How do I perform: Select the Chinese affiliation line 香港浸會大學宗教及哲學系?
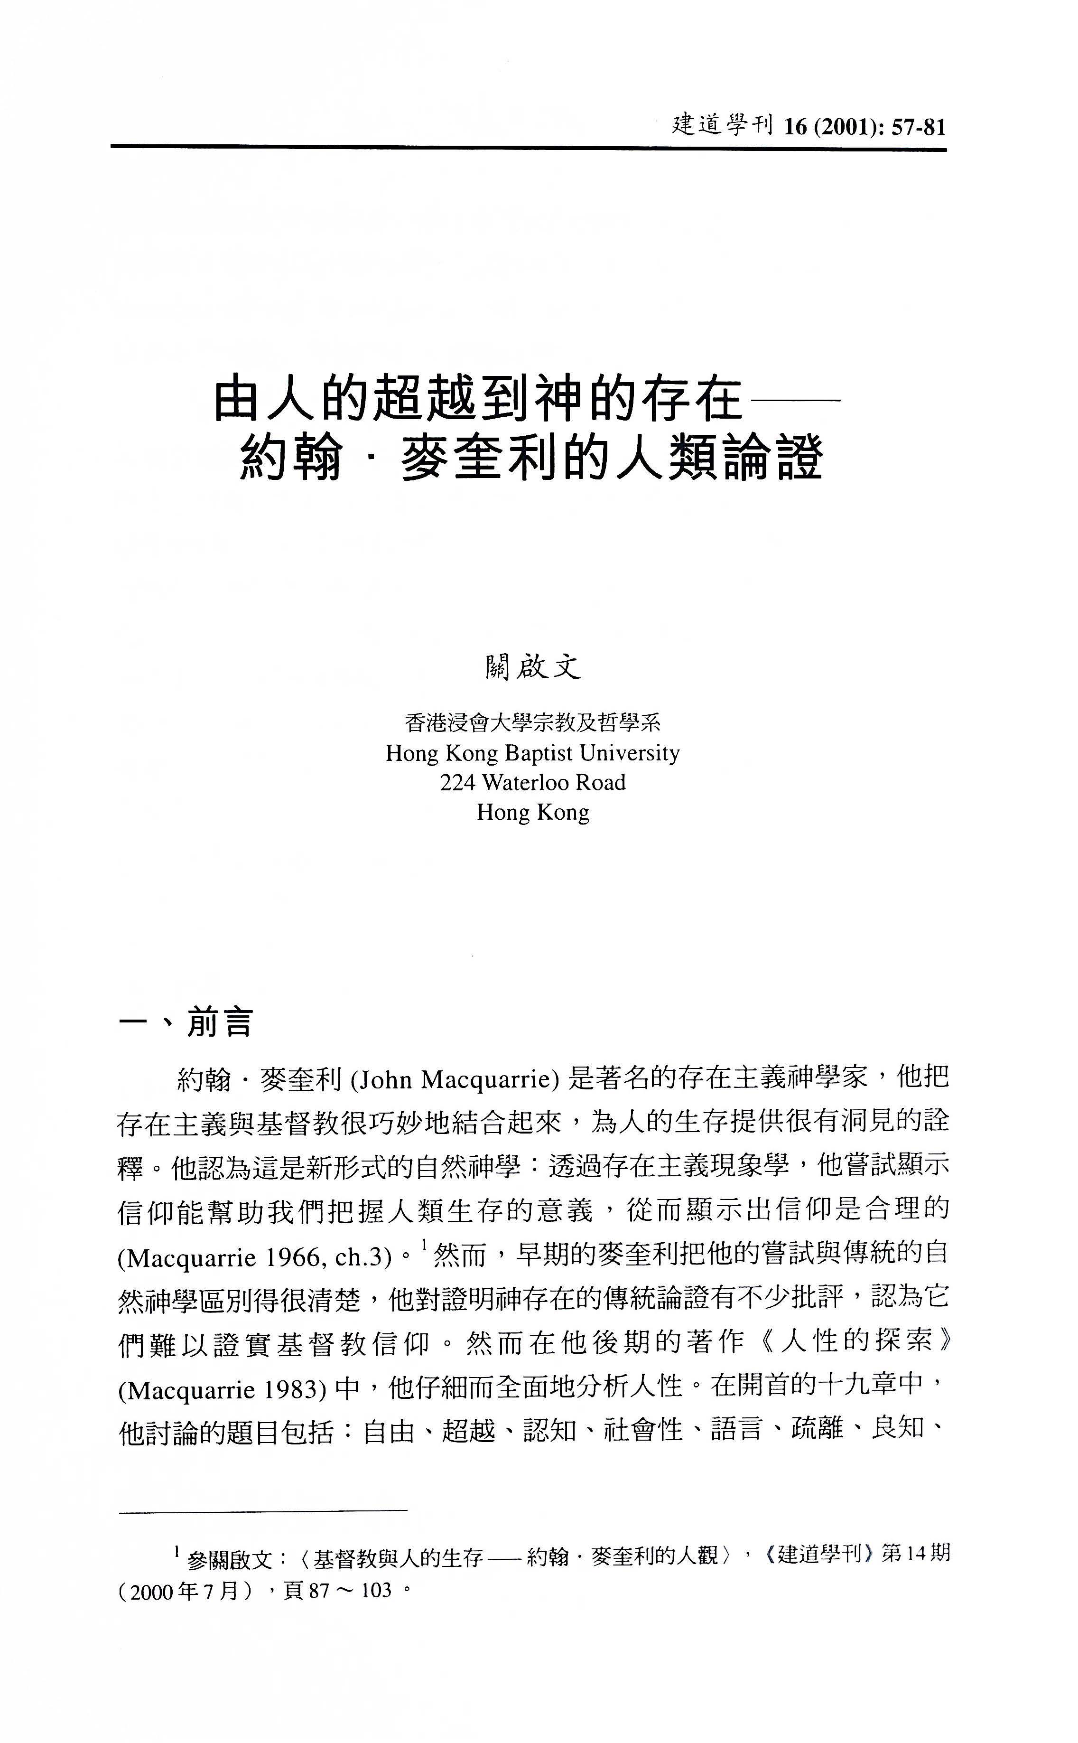point(532,723)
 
